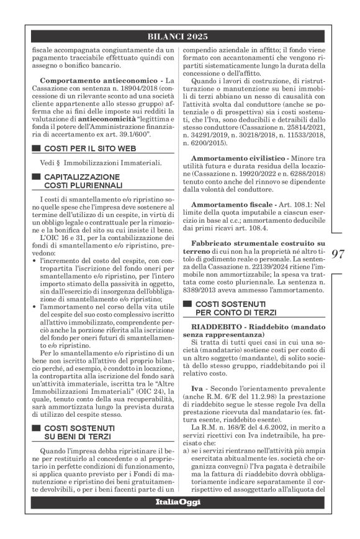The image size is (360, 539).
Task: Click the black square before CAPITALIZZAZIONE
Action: point(34,177)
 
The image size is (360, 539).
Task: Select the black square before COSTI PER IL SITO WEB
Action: point(34,148)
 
